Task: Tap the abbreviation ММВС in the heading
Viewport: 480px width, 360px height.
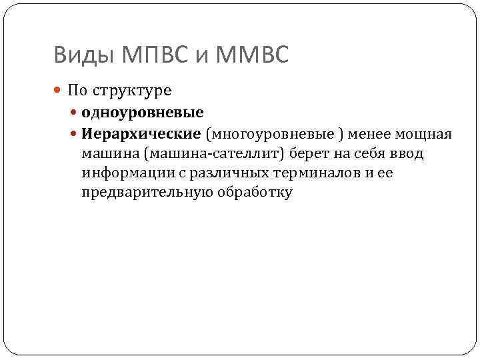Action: pyautogui.click(x=252, y=55)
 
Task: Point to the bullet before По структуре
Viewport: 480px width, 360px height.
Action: pyautogui.click(x=59, y=90)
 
